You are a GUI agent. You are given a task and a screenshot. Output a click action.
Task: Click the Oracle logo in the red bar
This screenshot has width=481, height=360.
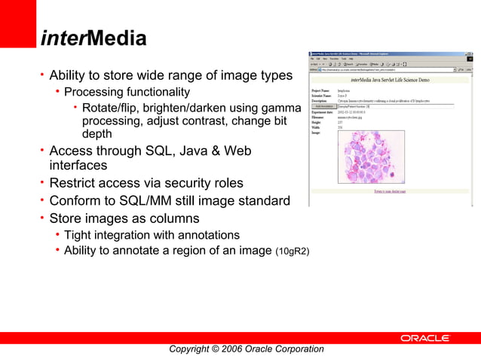coord(424,339)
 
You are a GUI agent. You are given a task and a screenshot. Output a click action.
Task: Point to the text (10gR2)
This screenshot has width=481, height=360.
coord(293,251)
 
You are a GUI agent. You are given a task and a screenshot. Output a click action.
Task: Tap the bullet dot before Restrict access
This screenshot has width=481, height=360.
coord(42,183)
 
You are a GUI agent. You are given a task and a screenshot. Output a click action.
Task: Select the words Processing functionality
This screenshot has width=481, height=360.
coord(127,92)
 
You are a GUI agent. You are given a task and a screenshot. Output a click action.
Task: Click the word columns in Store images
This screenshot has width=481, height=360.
coord(173,218)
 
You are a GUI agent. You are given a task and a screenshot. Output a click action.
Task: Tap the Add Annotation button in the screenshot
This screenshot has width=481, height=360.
coord(324,107)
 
